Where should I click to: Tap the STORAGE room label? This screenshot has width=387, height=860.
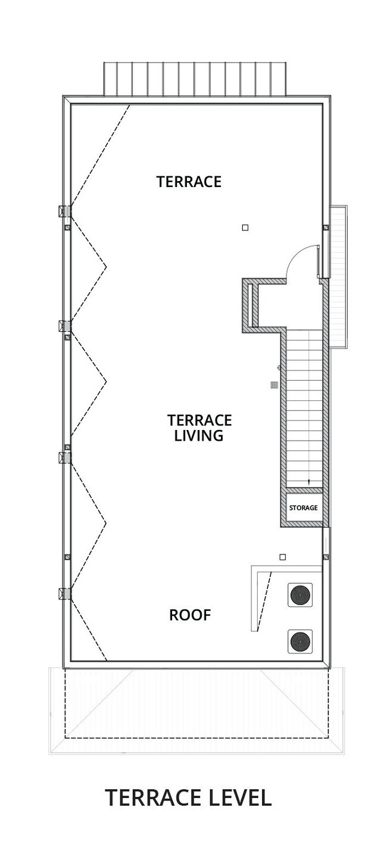(303, 507)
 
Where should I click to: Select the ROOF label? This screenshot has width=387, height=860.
(190, 615)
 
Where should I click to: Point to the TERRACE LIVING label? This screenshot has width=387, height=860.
(199, 428)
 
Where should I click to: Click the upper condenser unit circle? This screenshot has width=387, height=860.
(300, 595)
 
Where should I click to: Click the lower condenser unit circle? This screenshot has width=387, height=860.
(300, 641)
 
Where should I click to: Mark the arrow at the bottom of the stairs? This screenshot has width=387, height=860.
(308, 482)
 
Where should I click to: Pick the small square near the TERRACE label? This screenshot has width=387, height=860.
(245, 228)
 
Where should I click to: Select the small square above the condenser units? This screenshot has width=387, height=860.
(283, 557)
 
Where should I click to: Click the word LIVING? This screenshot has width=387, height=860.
(199, 436)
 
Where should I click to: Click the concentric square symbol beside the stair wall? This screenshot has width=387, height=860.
(274, 385)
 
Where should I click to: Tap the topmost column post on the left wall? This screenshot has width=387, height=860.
(64, 211)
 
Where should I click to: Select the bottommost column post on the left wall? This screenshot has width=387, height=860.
(64, 594)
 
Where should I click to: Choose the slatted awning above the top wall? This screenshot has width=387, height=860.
(195, 79)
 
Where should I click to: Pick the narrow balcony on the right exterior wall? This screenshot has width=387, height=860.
(338, 277)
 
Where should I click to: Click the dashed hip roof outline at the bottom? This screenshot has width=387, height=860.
(196, 703)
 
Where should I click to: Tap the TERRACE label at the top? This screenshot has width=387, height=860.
(189, 182)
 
